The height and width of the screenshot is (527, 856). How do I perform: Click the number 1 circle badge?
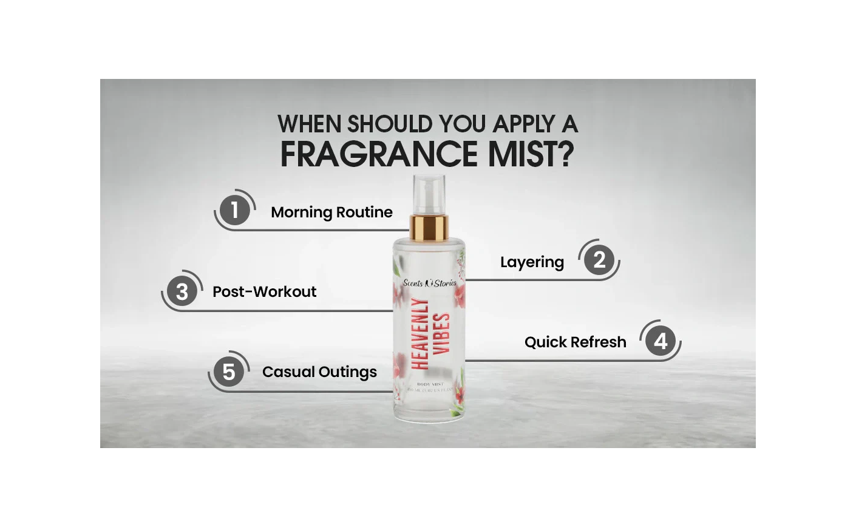234,210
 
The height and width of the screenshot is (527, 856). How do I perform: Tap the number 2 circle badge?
599,260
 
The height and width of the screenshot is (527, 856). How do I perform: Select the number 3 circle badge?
182,291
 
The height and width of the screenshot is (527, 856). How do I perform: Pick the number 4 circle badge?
660,341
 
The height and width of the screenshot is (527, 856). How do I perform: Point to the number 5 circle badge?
229,372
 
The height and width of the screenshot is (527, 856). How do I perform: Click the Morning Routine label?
331,212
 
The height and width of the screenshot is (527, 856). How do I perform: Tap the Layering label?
532,262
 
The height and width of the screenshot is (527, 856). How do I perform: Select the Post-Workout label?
264,292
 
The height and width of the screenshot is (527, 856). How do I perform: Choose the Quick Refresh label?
575,342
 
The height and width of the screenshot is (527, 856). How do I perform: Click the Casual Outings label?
319,372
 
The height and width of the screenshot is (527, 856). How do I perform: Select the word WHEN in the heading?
310,124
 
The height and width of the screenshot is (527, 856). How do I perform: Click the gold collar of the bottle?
429,227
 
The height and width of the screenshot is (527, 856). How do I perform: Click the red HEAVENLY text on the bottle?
421,333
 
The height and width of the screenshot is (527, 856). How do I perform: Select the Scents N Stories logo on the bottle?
429,283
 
